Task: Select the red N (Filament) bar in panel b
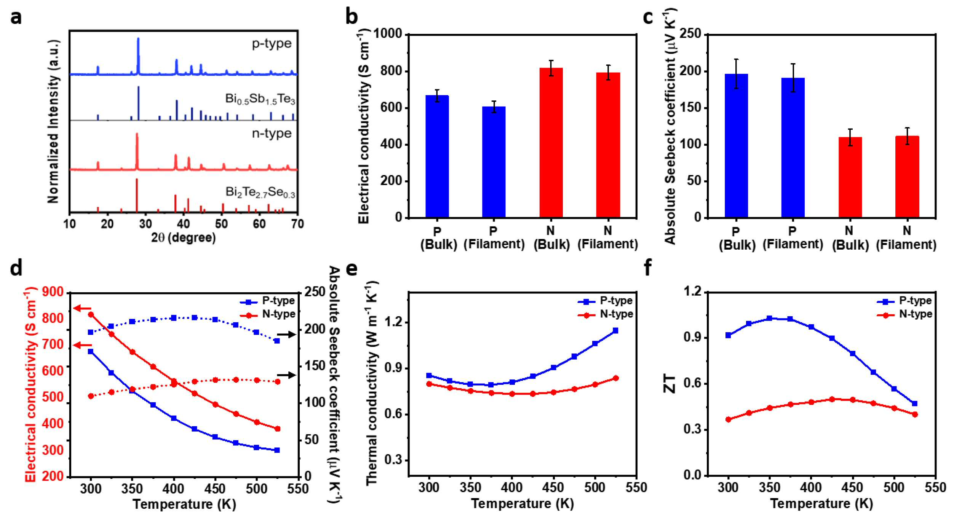(608, 145)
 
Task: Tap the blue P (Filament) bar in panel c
(793, 148)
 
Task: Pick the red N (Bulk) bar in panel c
(850, 177)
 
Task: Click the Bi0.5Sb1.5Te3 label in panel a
(260, 99)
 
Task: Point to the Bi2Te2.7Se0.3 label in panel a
(260, 192)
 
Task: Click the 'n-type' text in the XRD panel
(272, 133)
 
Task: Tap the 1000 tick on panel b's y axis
(388, 34)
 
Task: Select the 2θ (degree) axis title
(183, 238)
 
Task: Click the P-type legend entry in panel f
(905, 301)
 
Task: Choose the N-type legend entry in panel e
(606, 314)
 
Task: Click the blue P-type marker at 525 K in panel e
(615, 330)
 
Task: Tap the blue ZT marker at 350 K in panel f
(770, 318)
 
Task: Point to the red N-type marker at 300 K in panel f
(729, 419)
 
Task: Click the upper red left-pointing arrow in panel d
(82, 308)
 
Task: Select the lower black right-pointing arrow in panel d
(286, 375)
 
